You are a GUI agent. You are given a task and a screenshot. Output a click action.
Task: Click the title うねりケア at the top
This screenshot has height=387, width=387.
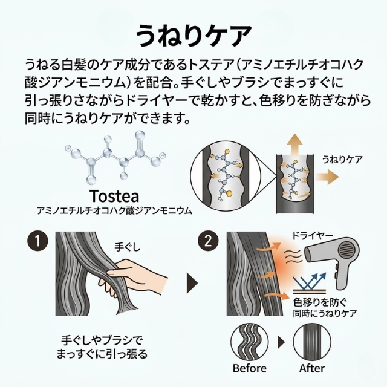(x=193, y=34)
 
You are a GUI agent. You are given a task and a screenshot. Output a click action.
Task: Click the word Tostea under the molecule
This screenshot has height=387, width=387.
(x=114, y=197)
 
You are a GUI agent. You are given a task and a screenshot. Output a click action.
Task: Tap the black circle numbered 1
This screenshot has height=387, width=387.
(x=37, y=241)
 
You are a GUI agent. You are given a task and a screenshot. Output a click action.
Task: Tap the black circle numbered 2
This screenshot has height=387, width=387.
(x=208, y=241)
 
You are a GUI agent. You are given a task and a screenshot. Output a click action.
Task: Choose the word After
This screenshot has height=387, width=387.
(x=312, y=368)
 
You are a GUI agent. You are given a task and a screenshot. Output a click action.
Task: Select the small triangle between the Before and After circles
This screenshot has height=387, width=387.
(x=281, y=342)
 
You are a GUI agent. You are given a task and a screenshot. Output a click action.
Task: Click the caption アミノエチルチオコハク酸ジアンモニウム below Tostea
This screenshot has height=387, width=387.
(x=114, y=211)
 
